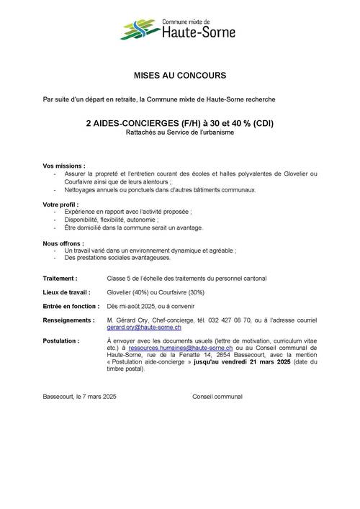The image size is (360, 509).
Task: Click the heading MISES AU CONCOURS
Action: click(x=180, y=74)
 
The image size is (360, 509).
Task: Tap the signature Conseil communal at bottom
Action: click(x=217, y=397)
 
